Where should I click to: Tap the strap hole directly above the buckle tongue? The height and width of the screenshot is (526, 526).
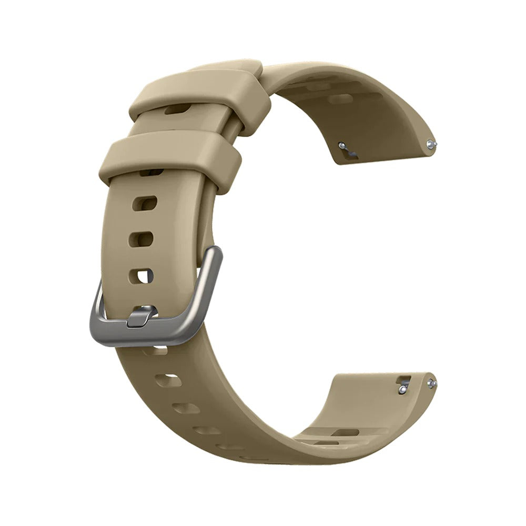(x=141, y=275)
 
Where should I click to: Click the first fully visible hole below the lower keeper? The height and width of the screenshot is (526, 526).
(x=143, y=203)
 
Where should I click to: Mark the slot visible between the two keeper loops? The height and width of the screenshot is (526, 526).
(x=177, y=110)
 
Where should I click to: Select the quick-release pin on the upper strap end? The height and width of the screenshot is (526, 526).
(x=343, y=145)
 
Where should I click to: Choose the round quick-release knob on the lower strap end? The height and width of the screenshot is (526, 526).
(x=402, y=389)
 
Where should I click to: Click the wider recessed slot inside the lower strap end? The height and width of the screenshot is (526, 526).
(x=345, y=432)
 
